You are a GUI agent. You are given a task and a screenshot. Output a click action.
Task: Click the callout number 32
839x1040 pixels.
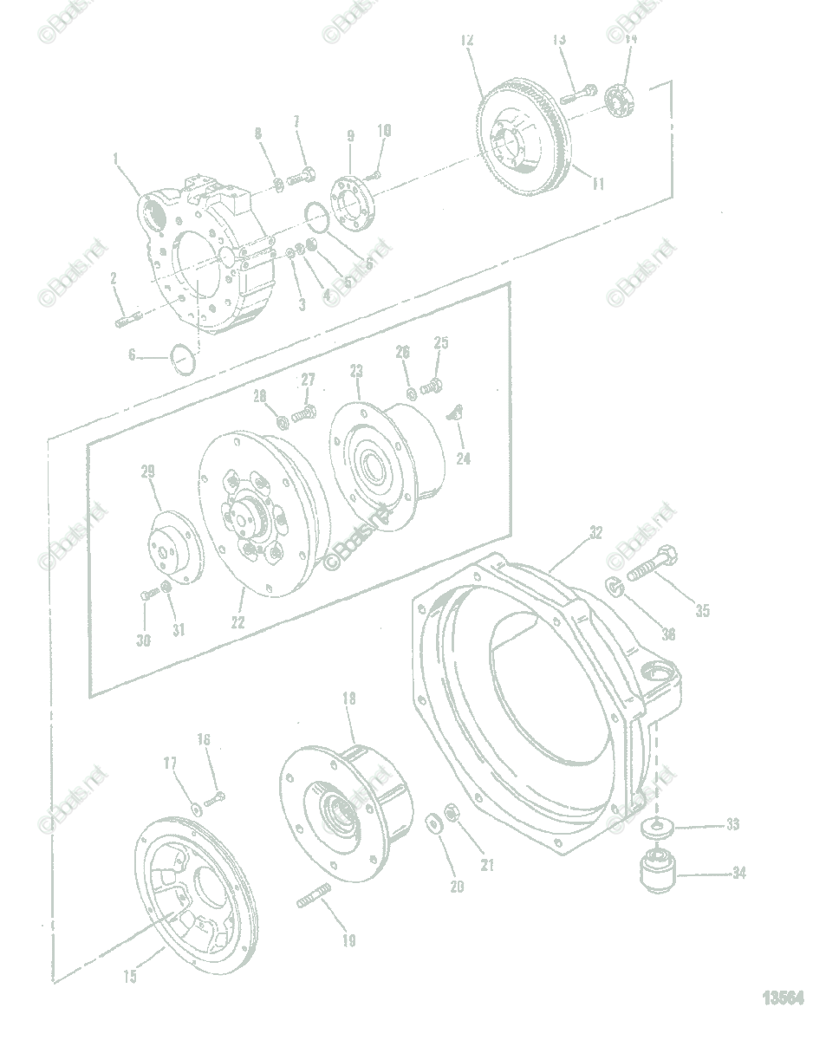point(595,533)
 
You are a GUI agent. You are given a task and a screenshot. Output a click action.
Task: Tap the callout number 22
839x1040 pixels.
point(237,621)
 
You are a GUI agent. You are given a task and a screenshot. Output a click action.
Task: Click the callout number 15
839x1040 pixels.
point(129,977)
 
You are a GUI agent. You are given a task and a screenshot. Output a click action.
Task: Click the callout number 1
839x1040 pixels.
point(115,158)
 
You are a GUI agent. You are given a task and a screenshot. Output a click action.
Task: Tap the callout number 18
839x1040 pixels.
point(348,698)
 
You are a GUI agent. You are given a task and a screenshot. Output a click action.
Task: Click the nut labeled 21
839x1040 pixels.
point(452,813)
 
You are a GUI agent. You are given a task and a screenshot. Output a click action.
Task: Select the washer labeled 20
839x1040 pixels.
point(433,821)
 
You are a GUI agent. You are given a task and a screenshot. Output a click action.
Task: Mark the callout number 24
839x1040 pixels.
point(464,458)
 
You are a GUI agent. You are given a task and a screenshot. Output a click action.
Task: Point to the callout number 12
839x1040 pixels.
point(467,39)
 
